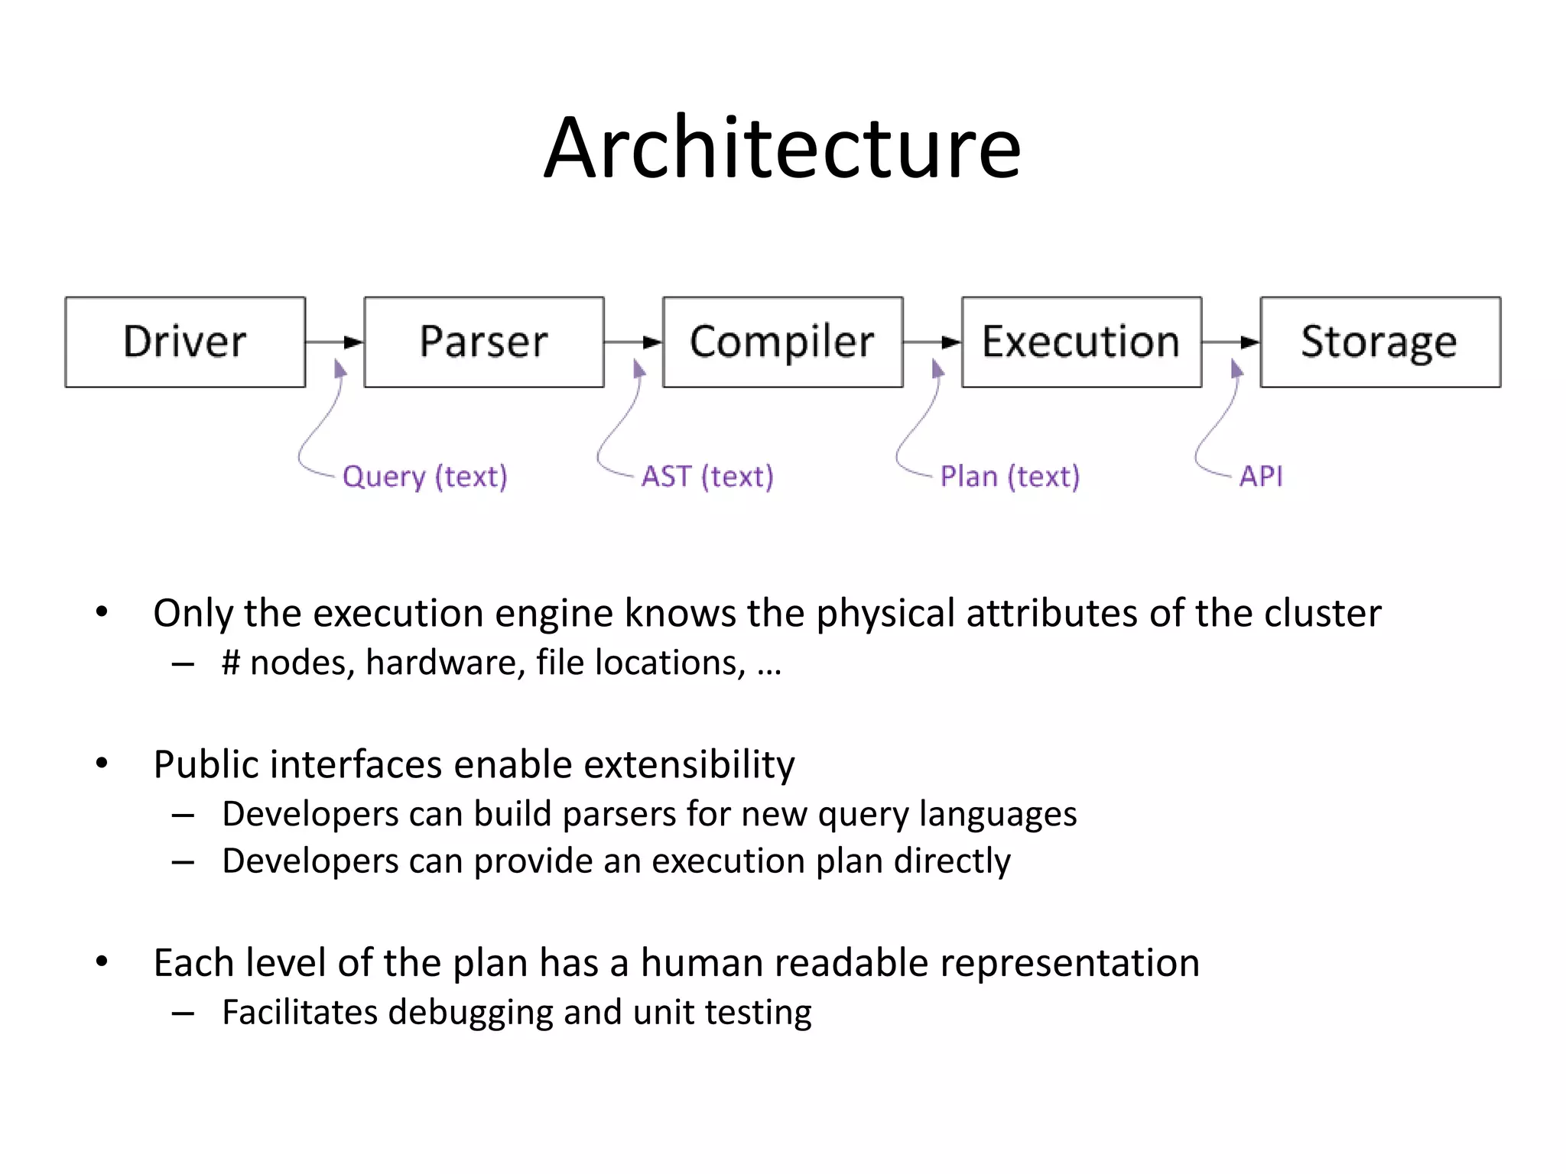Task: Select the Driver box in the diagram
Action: coord(185,342)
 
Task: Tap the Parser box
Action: coord(484,342)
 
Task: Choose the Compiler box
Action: coord(782,342)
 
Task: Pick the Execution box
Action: coord(1081,342)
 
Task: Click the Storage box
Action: coord(1380,342)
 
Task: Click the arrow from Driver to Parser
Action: coord(335,342)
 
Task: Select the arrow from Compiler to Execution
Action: coord(932,342)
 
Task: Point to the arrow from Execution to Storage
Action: coord(1231,342)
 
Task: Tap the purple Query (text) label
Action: coord(424,476)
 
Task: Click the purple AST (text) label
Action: coord(707,476)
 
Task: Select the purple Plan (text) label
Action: coord(1009,476)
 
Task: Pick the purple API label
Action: coord(1261,476)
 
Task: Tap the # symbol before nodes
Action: coord(231,663)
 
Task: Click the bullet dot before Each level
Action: coord(102,962)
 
